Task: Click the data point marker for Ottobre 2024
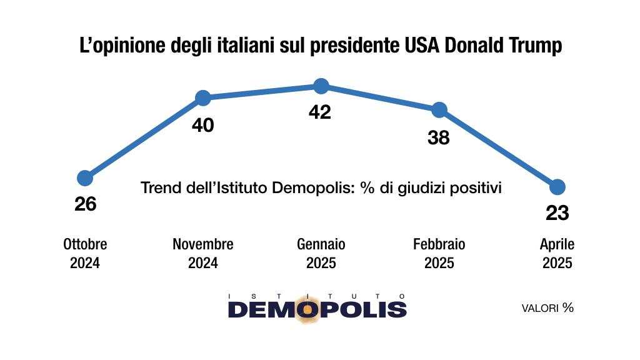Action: click(x=85, y=178)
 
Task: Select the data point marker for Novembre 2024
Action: click(x=202, y=98)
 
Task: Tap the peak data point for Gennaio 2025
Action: click(x=321, y=86)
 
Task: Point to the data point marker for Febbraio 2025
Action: click(x=439, y=110)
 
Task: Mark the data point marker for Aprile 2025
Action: click(x=557, y=187)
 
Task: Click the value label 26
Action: click(x=85, y=204)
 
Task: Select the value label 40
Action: click(x=203, y=126)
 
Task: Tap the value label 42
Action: click(x=320, y=112)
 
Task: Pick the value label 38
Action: click(x=439, y=137)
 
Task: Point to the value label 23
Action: click(x=557, y=214)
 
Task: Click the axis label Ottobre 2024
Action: click(x=85, y=253)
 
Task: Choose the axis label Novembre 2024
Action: click(x=203, y=253)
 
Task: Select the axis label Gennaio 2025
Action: click(x=321, y=253)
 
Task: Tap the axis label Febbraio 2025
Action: click(x=439, y=253)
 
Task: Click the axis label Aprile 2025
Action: click(x=557, y=253)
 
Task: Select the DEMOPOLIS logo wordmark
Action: click(x=317, y=309)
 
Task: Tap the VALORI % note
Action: click(x=547, y=308)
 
